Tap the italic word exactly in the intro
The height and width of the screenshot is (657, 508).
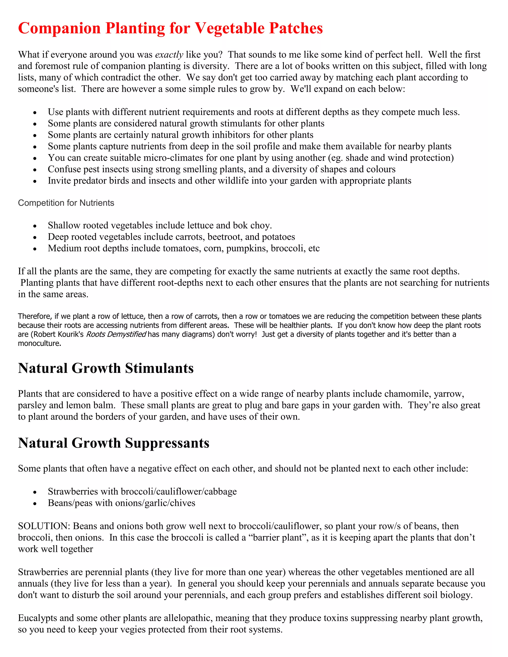click(169, 55)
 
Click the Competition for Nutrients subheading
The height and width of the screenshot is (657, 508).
click(66, 203)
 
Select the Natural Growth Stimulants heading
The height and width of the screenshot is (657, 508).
click(106, 368)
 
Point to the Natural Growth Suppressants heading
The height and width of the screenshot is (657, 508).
click(113, 443)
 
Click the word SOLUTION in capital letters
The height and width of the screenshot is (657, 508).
click(44, 526)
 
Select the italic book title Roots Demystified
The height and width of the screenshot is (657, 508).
click(116, 334)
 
